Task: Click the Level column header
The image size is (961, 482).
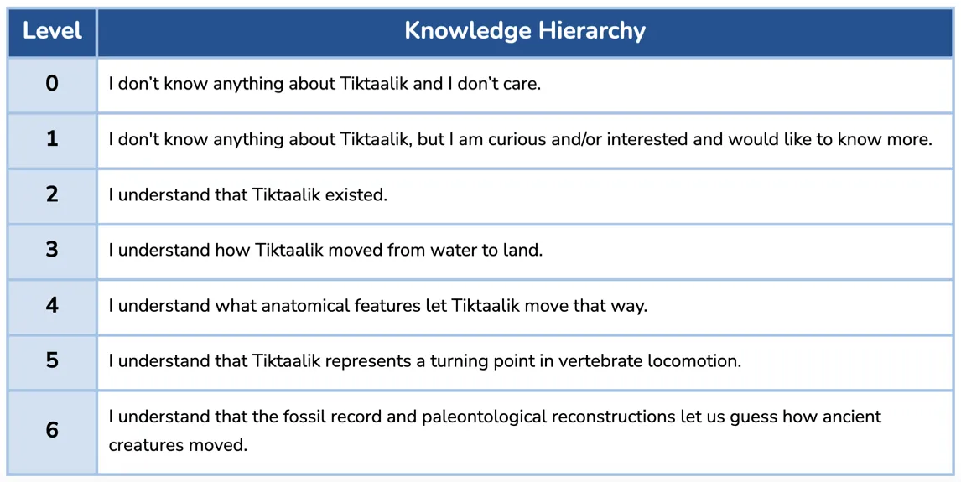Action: (x=52, y=31)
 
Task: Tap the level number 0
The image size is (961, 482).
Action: (x=52, y=83)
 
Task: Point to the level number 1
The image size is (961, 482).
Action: (x=52, y=138)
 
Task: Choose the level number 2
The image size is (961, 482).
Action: (x=52, y=194)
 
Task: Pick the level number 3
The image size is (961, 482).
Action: (x=52, y=250)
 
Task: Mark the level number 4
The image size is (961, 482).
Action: (x=52, y=305)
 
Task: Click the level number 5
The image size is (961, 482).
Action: (x=52, y=360)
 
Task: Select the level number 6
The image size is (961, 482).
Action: (x=52, y=430)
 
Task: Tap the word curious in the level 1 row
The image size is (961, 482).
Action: (x=498, y=139)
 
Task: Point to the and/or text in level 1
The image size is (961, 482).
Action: (x=570, y=139)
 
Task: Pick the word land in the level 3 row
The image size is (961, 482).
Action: (x=523, y=251)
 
